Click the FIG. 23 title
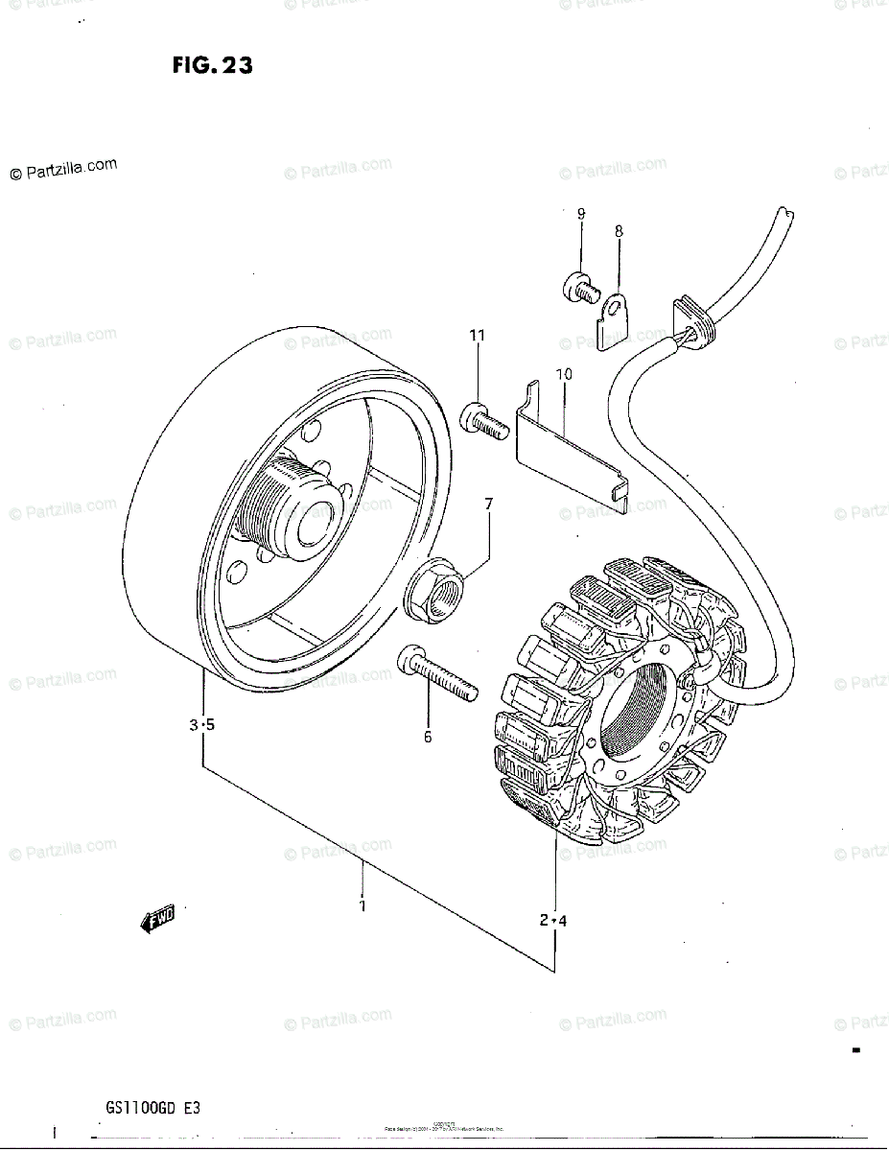(213, 65)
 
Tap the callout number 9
(581, 214)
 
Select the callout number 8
(619, 230)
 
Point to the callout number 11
(477, 335)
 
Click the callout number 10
(564, 373)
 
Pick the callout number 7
(488, 505)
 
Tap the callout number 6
(428, 737)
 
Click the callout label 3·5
(201, 725)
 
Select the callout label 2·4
(553, 921)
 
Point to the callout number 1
(363, 904)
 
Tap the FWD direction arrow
(157, 922)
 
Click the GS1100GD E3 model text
(153, 1108)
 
